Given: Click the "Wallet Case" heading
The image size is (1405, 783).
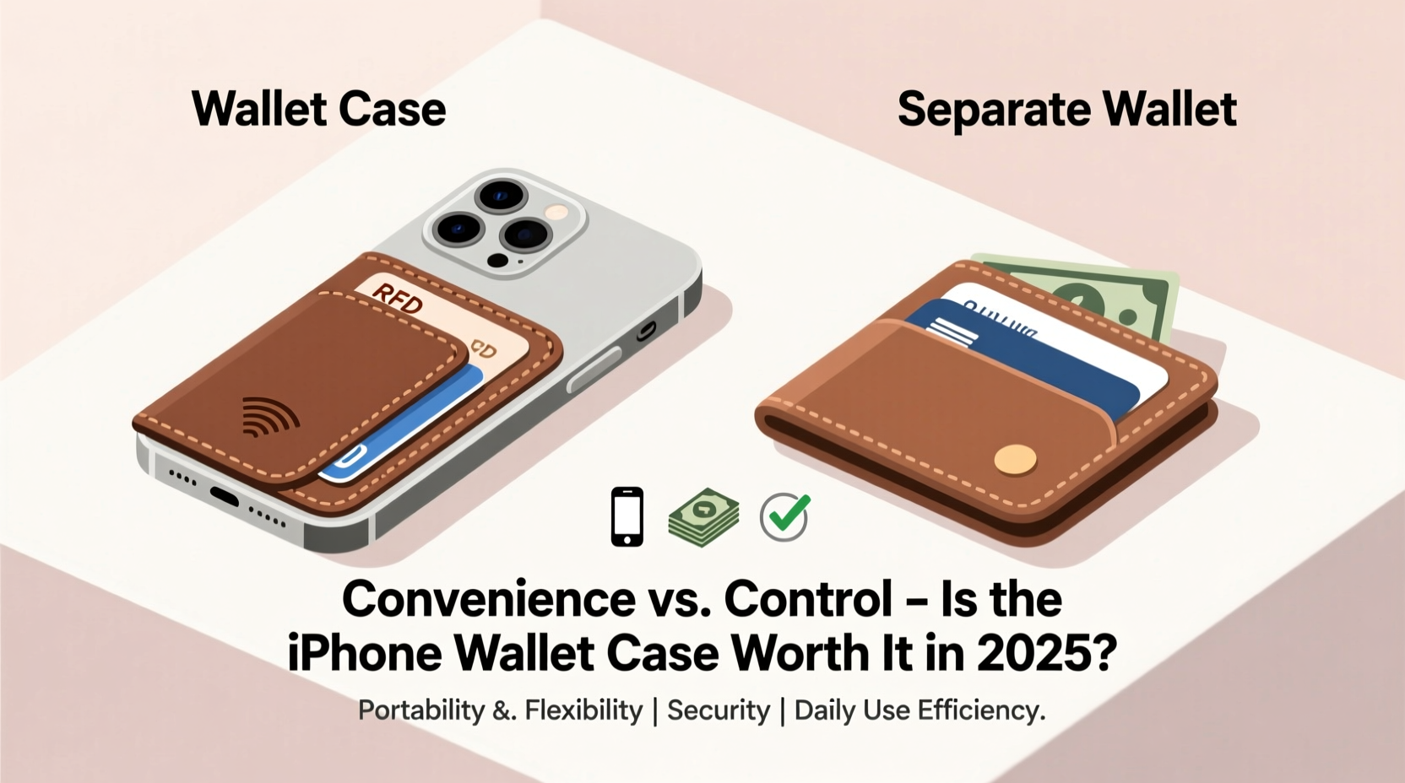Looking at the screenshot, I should pos(318,110).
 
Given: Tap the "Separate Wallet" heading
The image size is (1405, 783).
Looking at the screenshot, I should pos(1066,110).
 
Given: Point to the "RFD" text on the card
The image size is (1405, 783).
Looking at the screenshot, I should pos(397,298).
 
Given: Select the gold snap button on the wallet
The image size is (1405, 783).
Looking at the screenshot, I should pos(1015,459).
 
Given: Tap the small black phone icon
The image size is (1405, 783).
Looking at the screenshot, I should pos(627,516).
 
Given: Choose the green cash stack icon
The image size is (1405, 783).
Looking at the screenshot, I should pos(703,516).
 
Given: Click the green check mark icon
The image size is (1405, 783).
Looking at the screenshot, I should pos(784,516).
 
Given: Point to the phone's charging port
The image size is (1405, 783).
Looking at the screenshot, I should pos(224,495).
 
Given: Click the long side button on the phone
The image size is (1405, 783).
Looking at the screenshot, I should pos(594,370).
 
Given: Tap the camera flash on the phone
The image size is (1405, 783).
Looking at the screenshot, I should pos(556,212).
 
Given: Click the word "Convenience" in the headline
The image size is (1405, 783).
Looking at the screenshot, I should pos(488,598).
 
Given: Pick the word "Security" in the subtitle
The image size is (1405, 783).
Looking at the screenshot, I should pos(719,710).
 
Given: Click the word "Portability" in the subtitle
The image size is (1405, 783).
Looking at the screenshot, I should pos(421,710).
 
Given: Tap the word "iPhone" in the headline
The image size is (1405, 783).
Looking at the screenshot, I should pos(365,652).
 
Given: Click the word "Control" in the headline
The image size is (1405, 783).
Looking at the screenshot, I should pos(808,598).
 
